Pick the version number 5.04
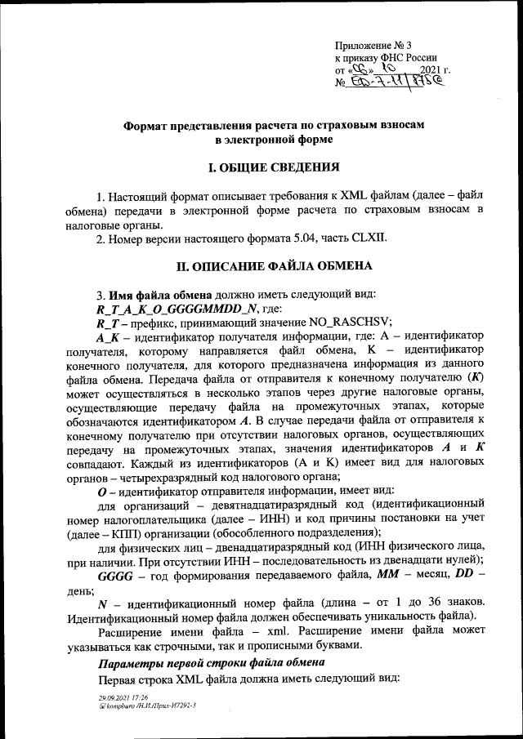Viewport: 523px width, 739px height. [x=312, y=238]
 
